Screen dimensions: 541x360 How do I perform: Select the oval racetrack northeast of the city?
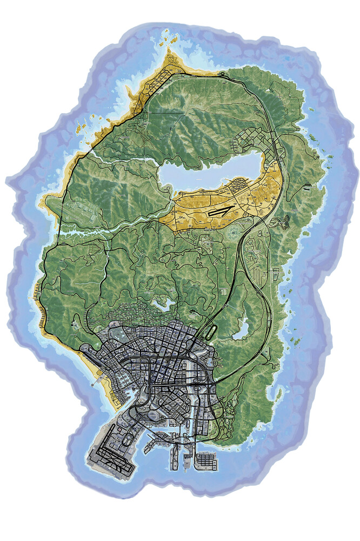[211, 329]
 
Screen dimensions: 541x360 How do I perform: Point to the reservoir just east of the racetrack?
[240, 328]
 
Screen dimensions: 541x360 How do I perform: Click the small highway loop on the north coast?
[222, 72]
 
